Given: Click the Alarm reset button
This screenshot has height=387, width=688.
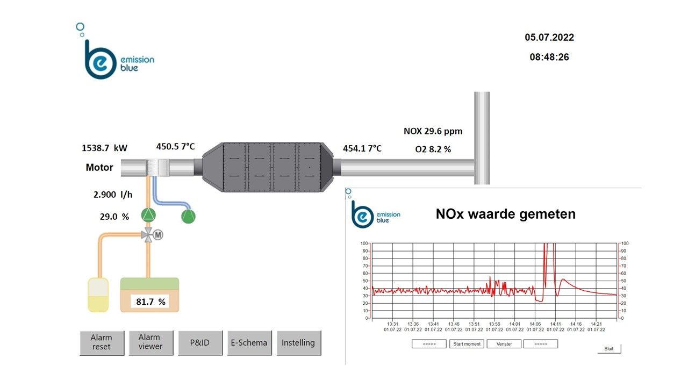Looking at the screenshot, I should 102,342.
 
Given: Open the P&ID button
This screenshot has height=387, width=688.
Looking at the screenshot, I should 200,342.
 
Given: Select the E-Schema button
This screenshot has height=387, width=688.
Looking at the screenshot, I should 249,342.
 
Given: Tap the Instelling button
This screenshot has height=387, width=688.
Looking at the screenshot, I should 298,342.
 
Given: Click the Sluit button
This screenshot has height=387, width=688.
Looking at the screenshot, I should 609,349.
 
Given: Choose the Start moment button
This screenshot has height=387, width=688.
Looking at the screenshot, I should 467,344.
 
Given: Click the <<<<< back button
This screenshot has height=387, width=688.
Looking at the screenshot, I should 429,344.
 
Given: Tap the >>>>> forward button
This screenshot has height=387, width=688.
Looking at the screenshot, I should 541,344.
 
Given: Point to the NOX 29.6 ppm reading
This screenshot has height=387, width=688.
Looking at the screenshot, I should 433,131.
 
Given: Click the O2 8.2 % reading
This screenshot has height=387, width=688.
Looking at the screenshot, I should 433,149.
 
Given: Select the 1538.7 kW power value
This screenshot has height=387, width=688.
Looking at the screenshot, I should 104,147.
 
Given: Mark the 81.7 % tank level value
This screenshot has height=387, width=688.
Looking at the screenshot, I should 150,302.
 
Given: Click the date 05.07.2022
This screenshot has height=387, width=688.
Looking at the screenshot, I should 549,38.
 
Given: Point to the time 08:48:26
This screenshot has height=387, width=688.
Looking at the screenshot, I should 549,56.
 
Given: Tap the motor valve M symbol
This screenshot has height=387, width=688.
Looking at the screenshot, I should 158,234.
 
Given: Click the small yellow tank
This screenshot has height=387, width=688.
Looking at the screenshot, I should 98,295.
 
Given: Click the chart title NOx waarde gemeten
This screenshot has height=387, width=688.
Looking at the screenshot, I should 505,214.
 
